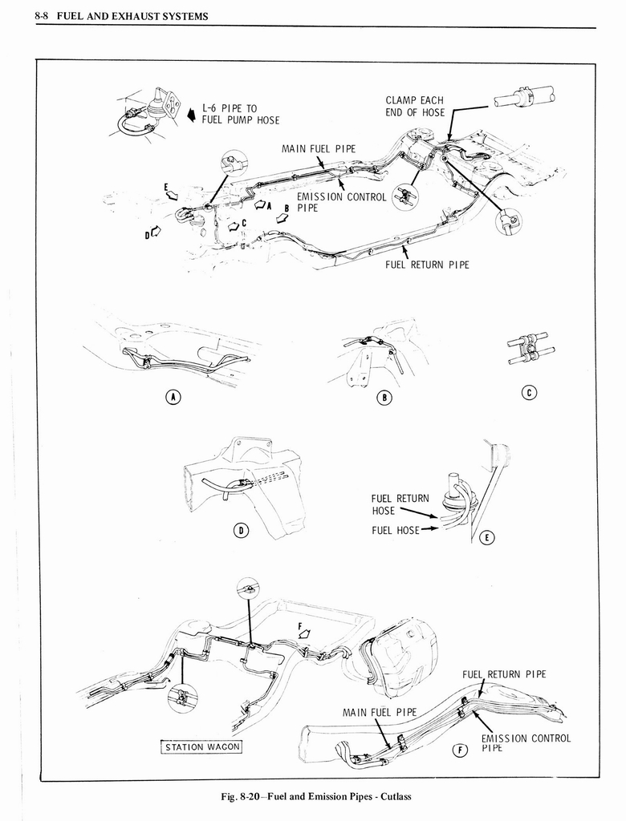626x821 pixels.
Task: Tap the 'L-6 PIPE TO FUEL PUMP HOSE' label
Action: [x=240, y=114]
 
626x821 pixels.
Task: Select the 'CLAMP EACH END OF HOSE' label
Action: [x=414, y=107]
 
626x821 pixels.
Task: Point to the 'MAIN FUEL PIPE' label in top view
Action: [x=318, y=148]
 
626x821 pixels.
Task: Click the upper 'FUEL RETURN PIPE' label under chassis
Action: [x=427, y=265]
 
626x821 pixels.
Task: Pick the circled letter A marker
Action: [x=173, y=396]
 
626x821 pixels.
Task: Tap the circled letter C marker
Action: [x=528, y=392]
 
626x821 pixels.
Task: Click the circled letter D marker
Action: [x=240, y=529]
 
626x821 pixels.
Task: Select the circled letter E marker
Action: [x=486, y=537]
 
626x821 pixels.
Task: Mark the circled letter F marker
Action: [x=460, y=750]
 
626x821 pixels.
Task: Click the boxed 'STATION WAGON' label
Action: [x=201, y=748]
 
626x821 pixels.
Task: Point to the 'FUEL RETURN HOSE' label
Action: [x=400, y=504]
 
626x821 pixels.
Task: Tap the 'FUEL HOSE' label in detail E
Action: [x=395, y=530]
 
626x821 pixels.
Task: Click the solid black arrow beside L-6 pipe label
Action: [x=191, y=115]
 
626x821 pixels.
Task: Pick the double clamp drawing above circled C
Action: [x=526, y=350]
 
